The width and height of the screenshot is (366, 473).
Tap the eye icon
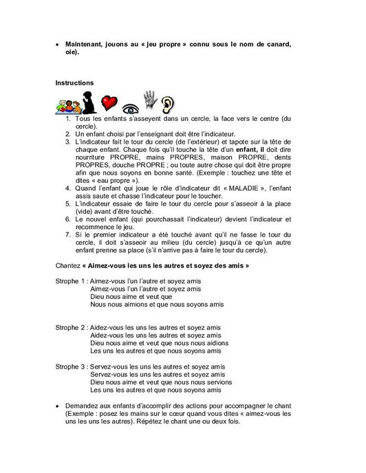(x=129, y=107)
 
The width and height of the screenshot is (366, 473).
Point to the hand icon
(x=149, y=100)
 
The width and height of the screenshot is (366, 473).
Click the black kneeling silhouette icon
(x=88, y=104)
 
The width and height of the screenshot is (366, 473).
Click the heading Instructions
(x=74, y=82)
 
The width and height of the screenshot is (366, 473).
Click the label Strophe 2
(x=71, y=327)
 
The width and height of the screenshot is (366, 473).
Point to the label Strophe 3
(x=71, y=367)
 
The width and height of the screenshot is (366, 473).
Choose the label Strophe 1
(x=71, y=280)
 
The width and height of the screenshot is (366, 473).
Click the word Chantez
(x=69, y=264)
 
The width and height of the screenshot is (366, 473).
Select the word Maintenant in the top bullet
(x=87, y=44)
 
